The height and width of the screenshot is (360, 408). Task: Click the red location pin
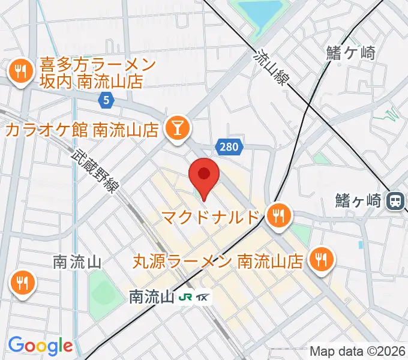(203, 175)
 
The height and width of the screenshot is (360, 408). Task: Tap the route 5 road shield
(106, 101)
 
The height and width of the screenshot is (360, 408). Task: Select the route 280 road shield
(228, 146)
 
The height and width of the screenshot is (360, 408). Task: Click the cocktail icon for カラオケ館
(178, 128)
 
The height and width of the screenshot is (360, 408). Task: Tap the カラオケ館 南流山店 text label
(82, 129)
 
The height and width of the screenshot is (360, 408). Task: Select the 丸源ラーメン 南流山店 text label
(217, 261)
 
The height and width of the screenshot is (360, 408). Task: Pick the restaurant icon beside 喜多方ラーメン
(20, 72)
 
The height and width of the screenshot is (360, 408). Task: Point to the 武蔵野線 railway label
(95, 170)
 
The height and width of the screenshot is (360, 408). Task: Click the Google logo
(40, 346)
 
